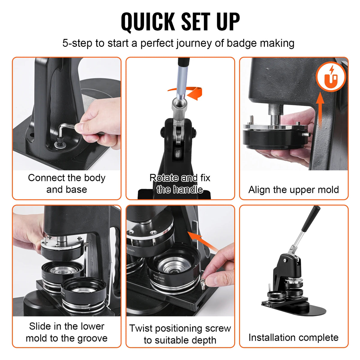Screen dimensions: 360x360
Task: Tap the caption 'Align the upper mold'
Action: (293, 190)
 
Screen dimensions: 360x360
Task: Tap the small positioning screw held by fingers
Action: (203, 282)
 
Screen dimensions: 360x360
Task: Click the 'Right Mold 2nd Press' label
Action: (159, 278)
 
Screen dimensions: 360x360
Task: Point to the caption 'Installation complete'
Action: (293, 337)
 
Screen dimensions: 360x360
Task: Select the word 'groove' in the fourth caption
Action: (92, 338)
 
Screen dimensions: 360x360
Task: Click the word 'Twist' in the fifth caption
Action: (140, 328)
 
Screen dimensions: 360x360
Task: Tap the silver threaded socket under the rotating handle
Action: (179, 108)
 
